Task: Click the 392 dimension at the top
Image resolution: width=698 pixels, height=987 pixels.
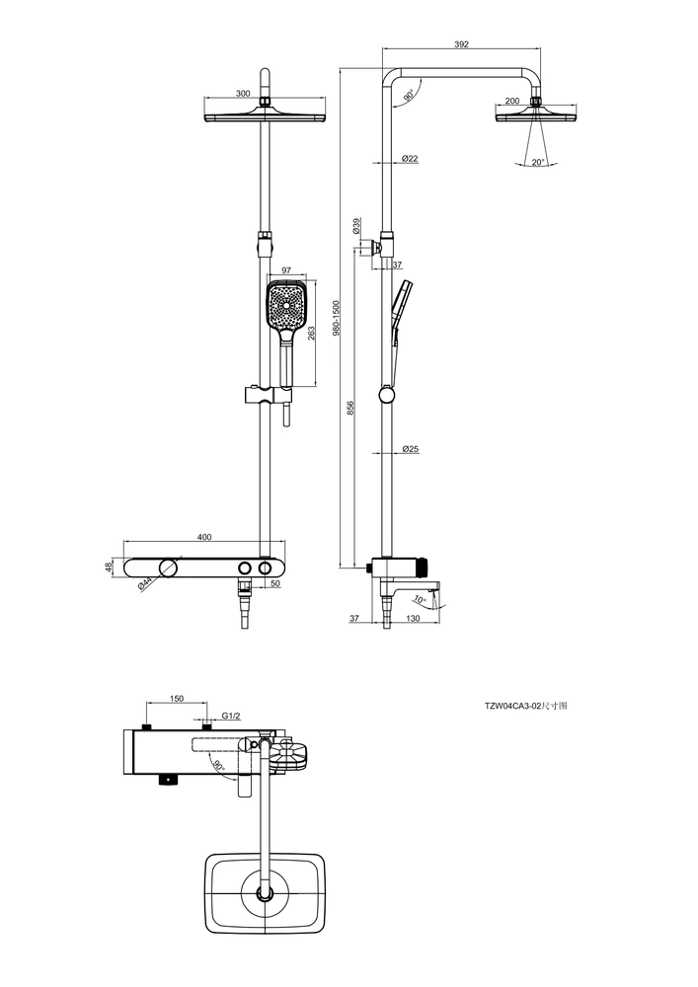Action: pos(461,44)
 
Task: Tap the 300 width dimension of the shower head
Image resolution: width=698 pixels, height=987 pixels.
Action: pos(243,94)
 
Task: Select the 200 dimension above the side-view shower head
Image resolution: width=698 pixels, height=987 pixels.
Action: pos(512,101)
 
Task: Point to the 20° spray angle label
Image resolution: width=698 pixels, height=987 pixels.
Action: pos(537,163)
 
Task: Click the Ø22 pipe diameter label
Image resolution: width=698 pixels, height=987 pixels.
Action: pos(409,159)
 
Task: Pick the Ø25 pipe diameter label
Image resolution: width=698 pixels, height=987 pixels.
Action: pos(411,449)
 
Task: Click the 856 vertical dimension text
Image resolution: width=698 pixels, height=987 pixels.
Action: pos(351,408)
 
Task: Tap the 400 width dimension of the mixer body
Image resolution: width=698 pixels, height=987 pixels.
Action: pos(204,537)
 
